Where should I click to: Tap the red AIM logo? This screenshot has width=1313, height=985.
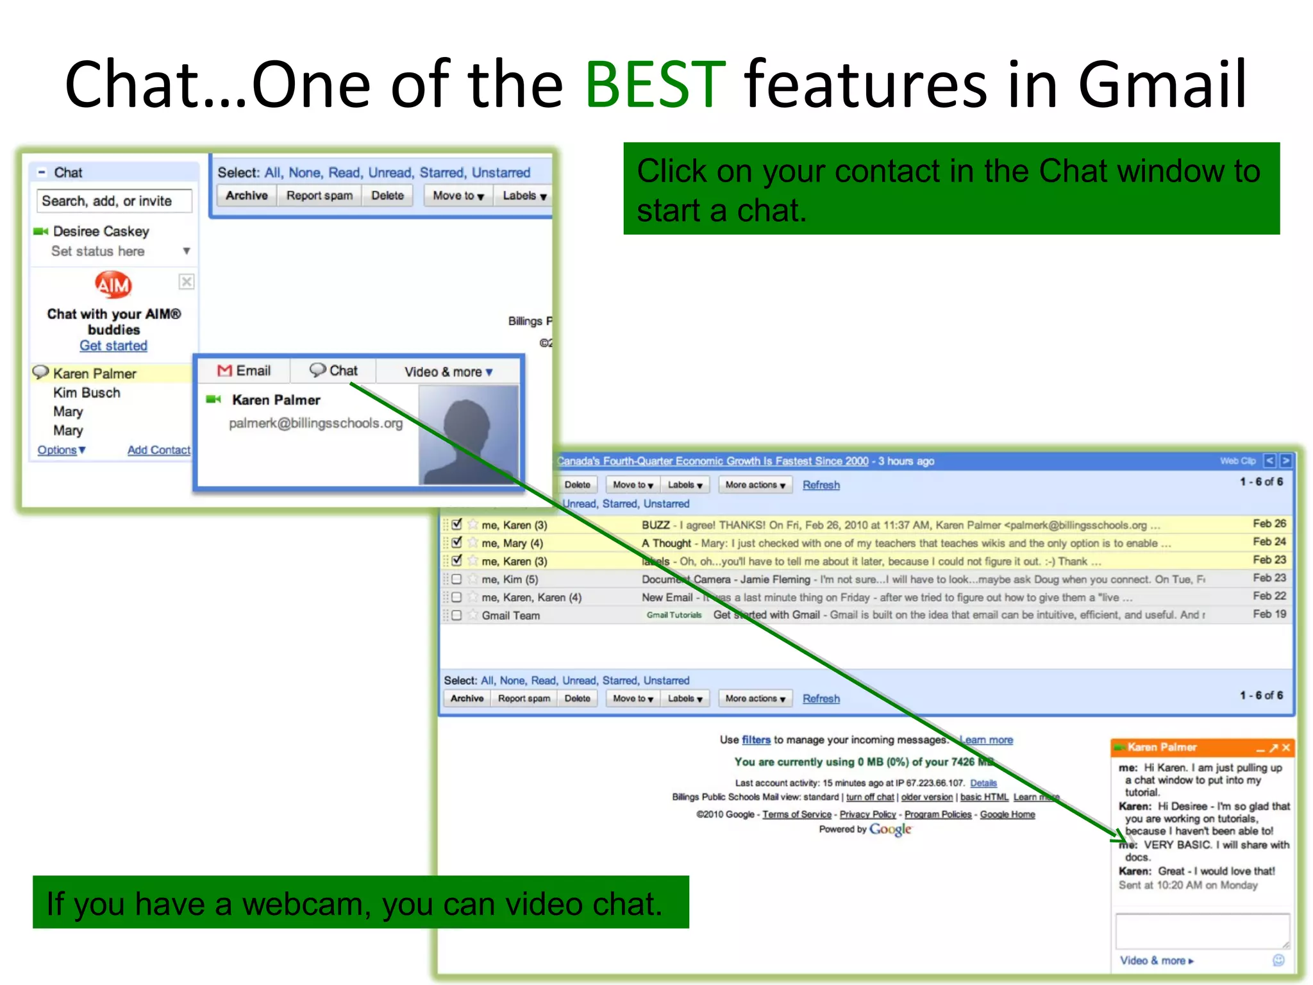(x=113, y=285)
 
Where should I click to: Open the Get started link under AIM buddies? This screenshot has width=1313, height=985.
(x=113, y=346)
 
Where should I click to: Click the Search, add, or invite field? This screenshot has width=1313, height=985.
(x=114, y=201)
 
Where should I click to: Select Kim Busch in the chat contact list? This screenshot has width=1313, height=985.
(x=87, y=392)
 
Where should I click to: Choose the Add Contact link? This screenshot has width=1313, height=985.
(x=158, y=450)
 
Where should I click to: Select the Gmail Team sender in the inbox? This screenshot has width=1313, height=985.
(x=511, y=616)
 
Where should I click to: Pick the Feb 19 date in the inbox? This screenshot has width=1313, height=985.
(x=1269, y=614)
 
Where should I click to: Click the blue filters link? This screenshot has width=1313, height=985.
(x=756, y=740)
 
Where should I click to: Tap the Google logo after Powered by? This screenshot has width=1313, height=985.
(x=890, y=829)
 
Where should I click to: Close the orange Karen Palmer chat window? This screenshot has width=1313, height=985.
(x=1285, y=748)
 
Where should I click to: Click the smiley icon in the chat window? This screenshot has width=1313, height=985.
(x=1278, y=960)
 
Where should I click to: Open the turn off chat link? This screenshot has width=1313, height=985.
(x=869, y=797)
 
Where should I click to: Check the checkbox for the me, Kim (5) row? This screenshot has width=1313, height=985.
(x=456, y=579)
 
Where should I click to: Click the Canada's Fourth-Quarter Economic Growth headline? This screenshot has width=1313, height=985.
(x=712, y=461)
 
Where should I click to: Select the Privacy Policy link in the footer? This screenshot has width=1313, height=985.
(x=867, y=814)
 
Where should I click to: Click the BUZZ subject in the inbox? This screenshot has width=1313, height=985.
(x=655, y=525)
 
